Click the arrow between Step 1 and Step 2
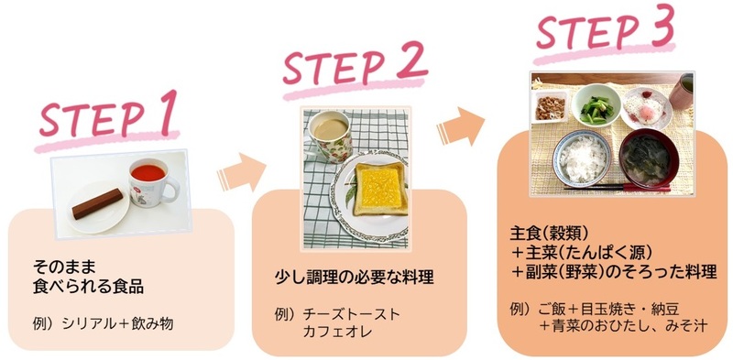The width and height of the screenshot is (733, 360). point(240,172)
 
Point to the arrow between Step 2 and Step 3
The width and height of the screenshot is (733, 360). point(470,125)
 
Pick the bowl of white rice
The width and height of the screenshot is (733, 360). point(583,158)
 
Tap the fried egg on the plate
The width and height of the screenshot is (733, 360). point(647,108)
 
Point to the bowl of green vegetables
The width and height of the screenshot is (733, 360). point(596,104)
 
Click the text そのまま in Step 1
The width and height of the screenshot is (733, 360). point(61,267)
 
